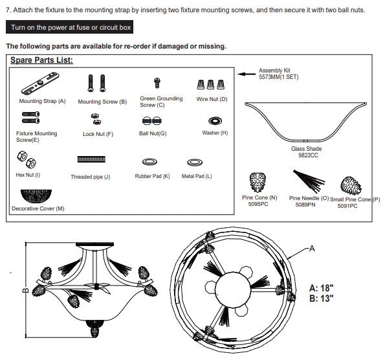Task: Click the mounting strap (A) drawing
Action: point(40,84)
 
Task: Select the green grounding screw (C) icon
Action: point(157,83)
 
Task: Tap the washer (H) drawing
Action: point(215,121)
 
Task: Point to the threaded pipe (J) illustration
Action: point(91,159)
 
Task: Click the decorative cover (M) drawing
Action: point(36,196)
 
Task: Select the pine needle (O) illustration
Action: point(309,181)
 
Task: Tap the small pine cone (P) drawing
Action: point(351,186)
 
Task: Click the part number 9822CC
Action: point(308,155)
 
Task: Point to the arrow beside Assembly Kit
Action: point(247,74)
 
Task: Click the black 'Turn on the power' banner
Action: point(69,27)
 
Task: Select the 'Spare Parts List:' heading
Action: point(41,60)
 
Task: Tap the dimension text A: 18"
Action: point(322,287)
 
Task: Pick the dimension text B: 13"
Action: point(322,298)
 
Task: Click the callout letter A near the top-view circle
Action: point(312,249)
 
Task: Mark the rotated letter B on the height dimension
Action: point(25,291)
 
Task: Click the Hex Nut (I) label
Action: point(28,175)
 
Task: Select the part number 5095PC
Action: point(258,204)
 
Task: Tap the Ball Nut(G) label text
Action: point(153,133)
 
